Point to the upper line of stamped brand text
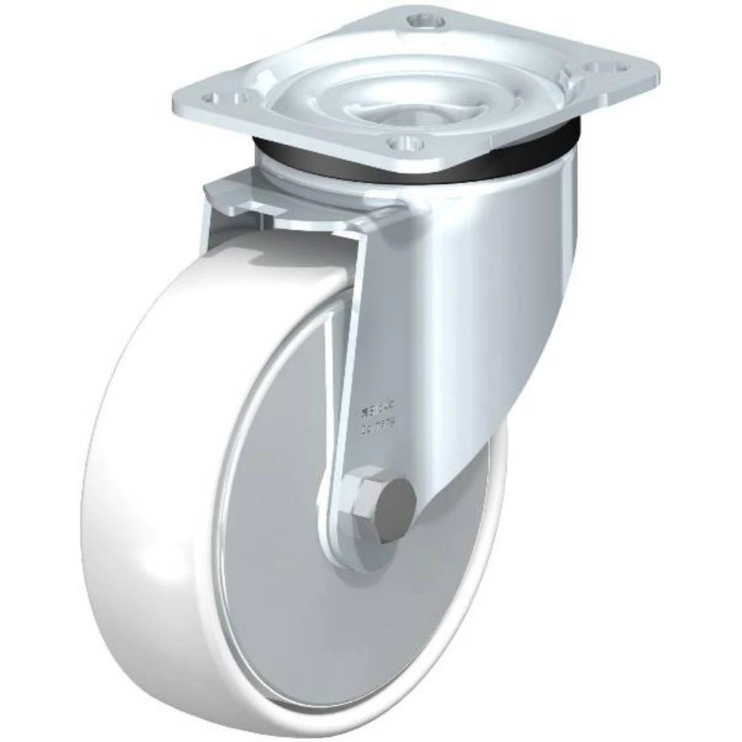pos(378,406)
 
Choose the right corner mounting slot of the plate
pos(602,66)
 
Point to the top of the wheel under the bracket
pos(282,252)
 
